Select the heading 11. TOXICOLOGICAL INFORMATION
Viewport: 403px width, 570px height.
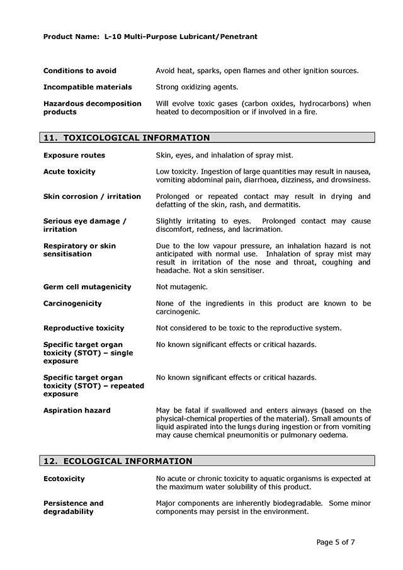pyautogui.click(x=127, y=137)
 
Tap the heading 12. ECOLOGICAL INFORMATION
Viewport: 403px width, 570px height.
pyautogui.click(x=118, y=461)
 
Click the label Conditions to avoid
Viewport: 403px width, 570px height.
pyautogui.click(x=80, y=71)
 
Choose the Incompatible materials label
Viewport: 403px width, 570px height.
pyautogui.click(x=88, y=87)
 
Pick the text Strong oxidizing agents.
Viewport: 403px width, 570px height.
pyautogui.click(x=197, y=87)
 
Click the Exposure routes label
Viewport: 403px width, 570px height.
pyautogui.click(x=74, y=155)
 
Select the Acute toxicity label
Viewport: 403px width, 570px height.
pyautogui.click(x=69, y=171)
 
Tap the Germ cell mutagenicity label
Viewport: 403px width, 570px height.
pyautogui.click(x=88, y=287)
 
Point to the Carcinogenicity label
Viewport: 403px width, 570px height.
pyautogui.click(x=72, y=303)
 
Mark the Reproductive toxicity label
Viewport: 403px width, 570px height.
pyautogui.click(x=84, y=328)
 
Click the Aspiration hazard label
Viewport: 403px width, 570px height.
pyautogui.click(x=77, y=410)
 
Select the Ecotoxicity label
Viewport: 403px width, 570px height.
pyautogui.click(x=64, y=479)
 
